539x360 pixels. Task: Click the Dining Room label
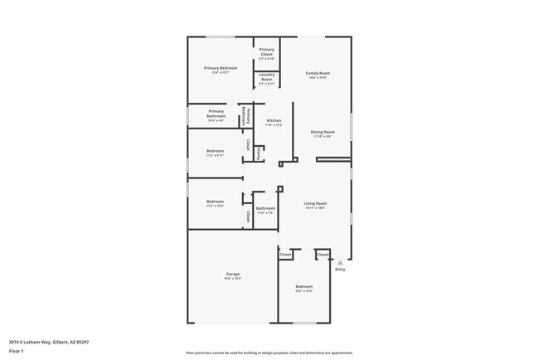[x=322, y=132]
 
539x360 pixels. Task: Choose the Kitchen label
[x=273, y=121]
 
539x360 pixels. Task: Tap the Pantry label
[x=259, y=153]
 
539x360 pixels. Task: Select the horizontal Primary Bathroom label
[x=216, y=114]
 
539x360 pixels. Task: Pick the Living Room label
[x=315, y=203]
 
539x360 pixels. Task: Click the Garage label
[x=232, y=275]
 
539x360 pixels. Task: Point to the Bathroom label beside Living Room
[x=265, y=208]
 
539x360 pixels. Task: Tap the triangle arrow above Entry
[x=339, y=262]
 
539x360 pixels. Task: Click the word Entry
[x=339, y=270]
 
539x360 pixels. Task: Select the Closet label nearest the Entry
[x=323, y=255]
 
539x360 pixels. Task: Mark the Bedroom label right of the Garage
[x=303, y=287]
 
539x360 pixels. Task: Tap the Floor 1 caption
[x=16, y=351]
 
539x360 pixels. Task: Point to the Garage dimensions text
[x=232, y=280]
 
